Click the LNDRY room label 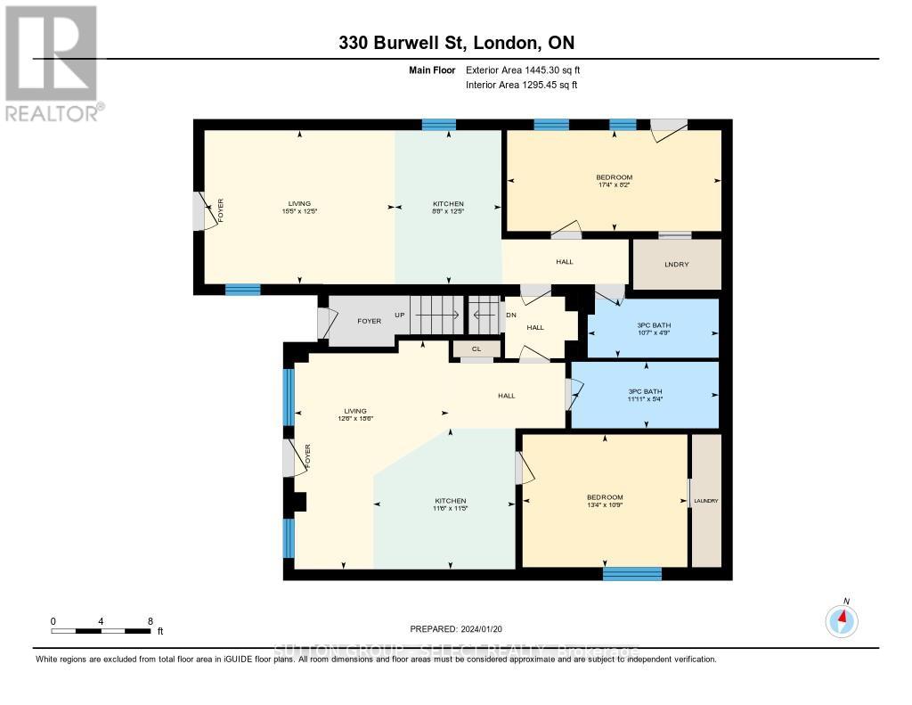(x=676, y=265)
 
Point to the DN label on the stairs (x=510, y=315)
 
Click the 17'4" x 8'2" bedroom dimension (x=615, y=185)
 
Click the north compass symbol (x=842, y=618)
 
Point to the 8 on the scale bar (x=150, y=621)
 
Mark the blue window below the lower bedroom (x=631, y=573)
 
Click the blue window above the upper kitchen (x=438, y=125)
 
